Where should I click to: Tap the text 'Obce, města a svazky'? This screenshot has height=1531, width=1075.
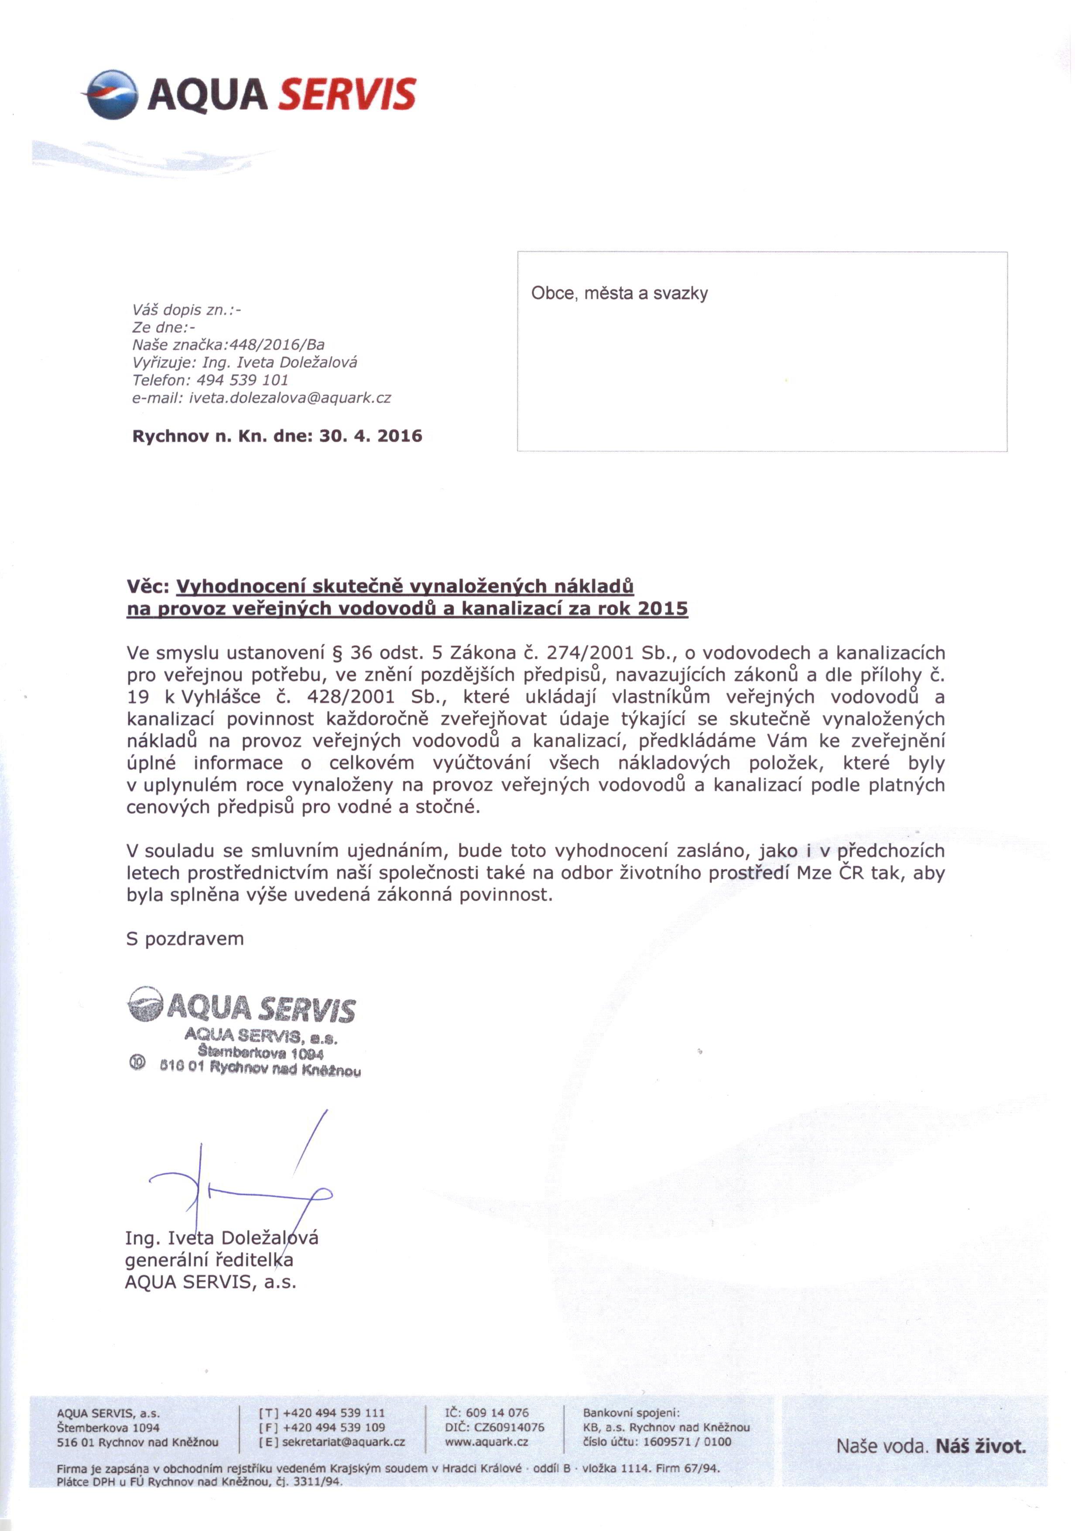click(x=619, y=294)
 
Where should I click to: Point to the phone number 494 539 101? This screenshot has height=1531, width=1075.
click(x=243, y=380)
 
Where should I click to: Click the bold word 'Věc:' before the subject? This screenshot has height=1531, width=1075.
click(x=149, y=587)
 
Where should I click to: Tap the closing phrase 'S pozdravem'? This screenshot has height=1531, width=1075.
click(x=185, y=939)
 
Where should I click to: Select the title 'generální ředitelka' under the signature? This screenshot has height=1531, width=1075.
click(x=209, y=1260)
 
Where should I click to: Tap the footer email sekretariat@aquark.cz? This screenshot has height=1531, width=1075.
click(x=343, y=1442)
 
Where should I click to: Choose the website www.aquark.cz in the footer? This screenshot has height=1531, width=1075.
click(x=486, y=1442)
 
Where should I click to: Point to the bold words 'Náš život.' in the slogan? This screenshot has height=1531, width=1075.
click(x=980, y=1446)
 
